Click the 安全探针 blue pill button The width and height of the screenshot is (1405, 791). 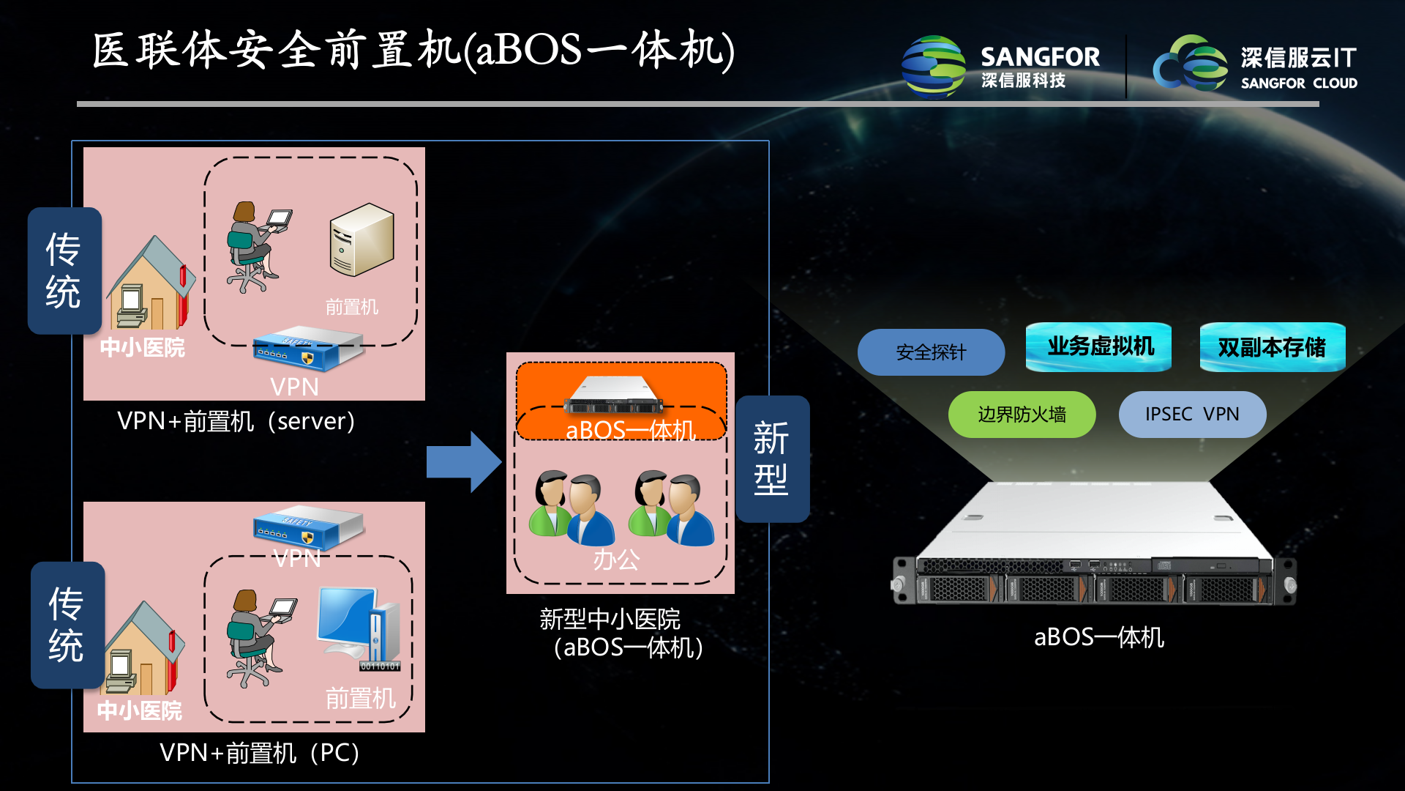tap(931, 352)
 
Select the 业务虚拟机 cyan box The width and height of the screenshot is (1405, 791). tap(1098, 346)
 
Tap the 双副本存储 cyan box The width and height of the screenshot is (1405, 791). tap(1272, 347)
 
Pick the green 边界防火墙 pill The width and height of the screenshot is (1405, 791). tap(1022, 415)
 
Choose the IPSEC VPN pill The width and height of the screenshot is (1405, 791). tap(1192, 415)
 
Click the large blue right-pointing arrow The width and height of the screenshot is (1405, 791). tap(463, 461)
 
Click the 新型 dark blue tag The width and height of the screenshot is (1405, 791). tap(772, 459)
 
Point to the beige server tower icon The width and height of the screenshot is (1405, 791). tap(361, 240)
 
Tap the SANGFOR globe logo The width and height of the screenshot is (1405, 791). tap(934, 66)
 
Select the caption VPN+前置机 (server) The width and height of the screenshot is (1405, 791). tap(236, 422)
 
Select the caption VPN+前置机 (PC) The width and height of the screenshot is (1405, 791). tap(259, 753)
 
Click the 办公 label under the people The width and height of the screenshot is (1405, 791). tap(615, 560)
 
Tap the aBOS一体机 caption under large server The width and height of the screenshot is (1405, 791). tap(1098, 637)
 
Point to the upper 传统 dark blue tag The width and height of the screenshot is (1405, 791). tap(64, 271)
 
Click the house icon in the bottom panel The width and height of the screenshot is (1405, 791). tap(143, 648)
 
